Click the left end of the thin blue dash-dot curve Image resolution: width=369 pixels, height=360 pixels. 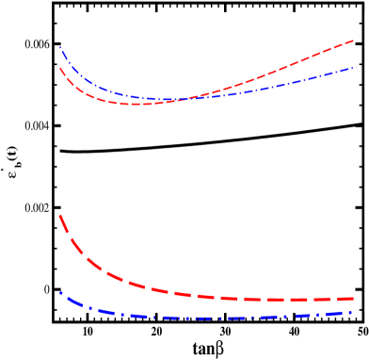(x=60, y=47)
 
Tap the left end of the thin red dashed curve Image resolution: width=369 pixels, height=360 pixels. (x=60, y=67)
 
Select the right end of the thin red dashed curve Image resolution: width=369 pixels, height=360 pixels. (x=354, y=41)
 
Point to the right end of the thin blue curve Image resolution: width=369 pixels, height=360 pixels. (x=355, y=68)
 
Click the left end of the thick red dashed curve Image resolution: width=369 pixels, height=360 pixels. (x=60, y=216)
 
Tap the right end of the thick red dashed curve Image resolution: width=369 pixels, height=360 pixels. (x=354, y=299)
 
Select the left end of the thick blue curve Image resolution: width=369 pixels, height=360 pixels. (x=61, y=292)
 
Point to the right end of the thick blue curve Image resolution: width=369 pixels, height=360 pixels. (x=353, y=312)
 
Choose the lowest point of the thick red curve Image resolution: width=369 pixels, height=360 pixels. (x=282, y=301)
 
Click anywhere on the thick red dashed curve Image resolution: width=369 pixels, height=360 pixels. (x=141, y=286)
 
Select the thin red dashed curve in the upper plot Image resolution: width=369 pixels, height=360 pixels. (x=282, y=68)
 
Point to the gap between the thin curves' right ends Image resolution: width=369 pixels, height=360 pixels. (x=354, y=55)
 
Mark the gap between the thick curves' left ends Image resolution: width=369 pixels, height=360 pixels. (x=61, y=254)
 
